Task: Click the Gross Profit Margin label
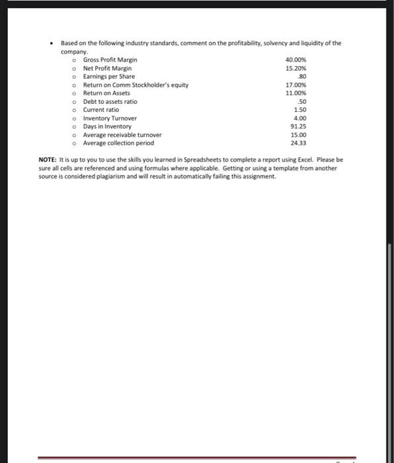(x=110, y=60)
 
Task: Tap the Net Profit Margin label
(x=107, y=68)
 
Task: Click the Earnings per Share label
(x=108, y=77)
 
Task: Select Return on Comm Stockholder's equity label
(x=136, y=85)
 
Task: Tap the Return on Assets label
(x=106, y=93)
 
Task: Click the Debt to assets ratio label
(x=110, y=101)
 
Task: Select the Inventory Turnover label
(x=110, y=118)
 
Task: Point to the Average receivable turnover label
(x=122, y=134)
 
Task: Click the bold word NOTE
(x=48, y=160)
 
